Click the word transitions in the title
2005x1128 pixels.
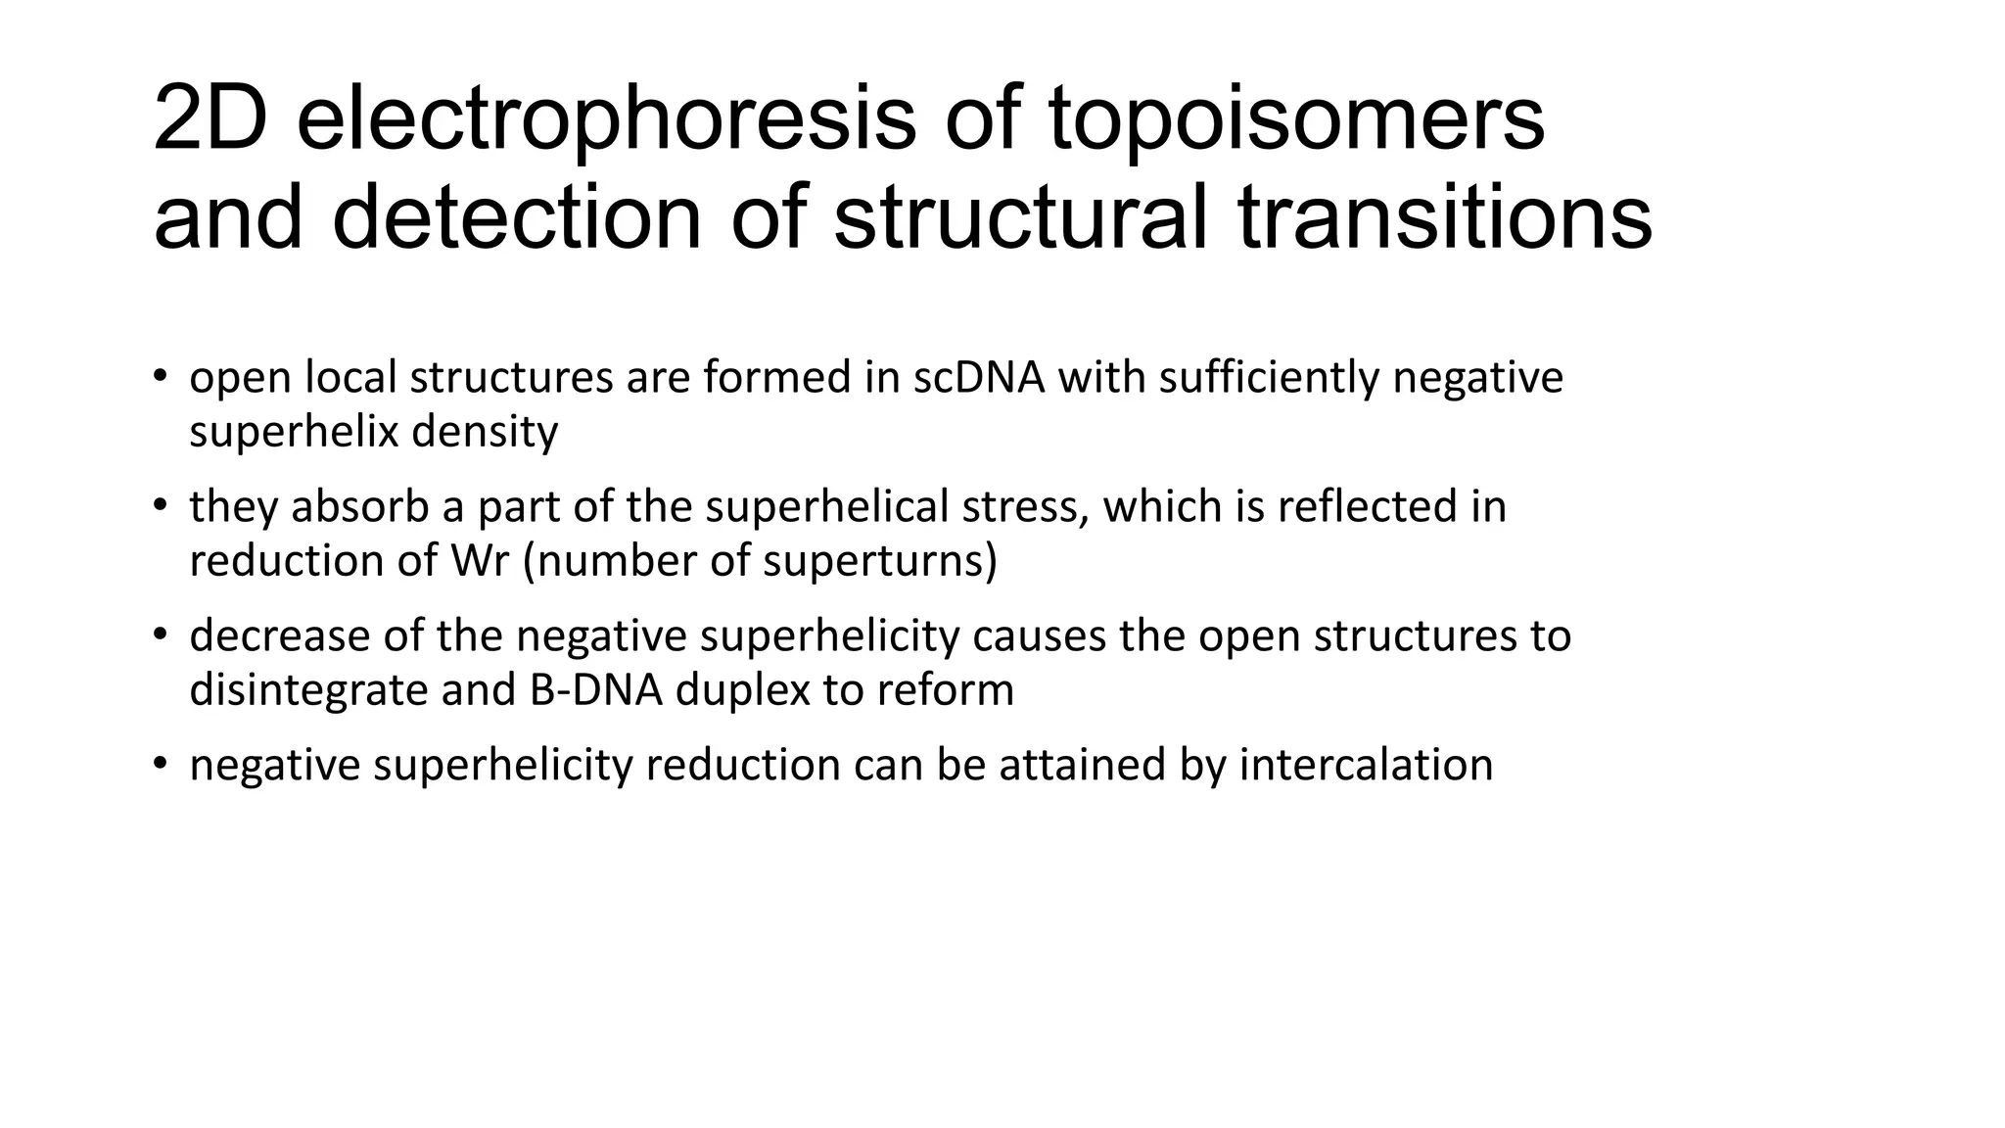tap(1445, 217)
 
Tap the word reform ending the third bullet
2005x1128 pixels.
tap(945, 690)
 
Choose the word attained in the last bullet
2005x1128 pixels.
tap(1083, 765)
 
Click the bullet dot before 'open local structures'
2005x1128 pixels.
tap(160, 378)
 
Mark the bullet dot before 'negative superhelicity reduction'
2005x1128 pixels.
tap(160, 765)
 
